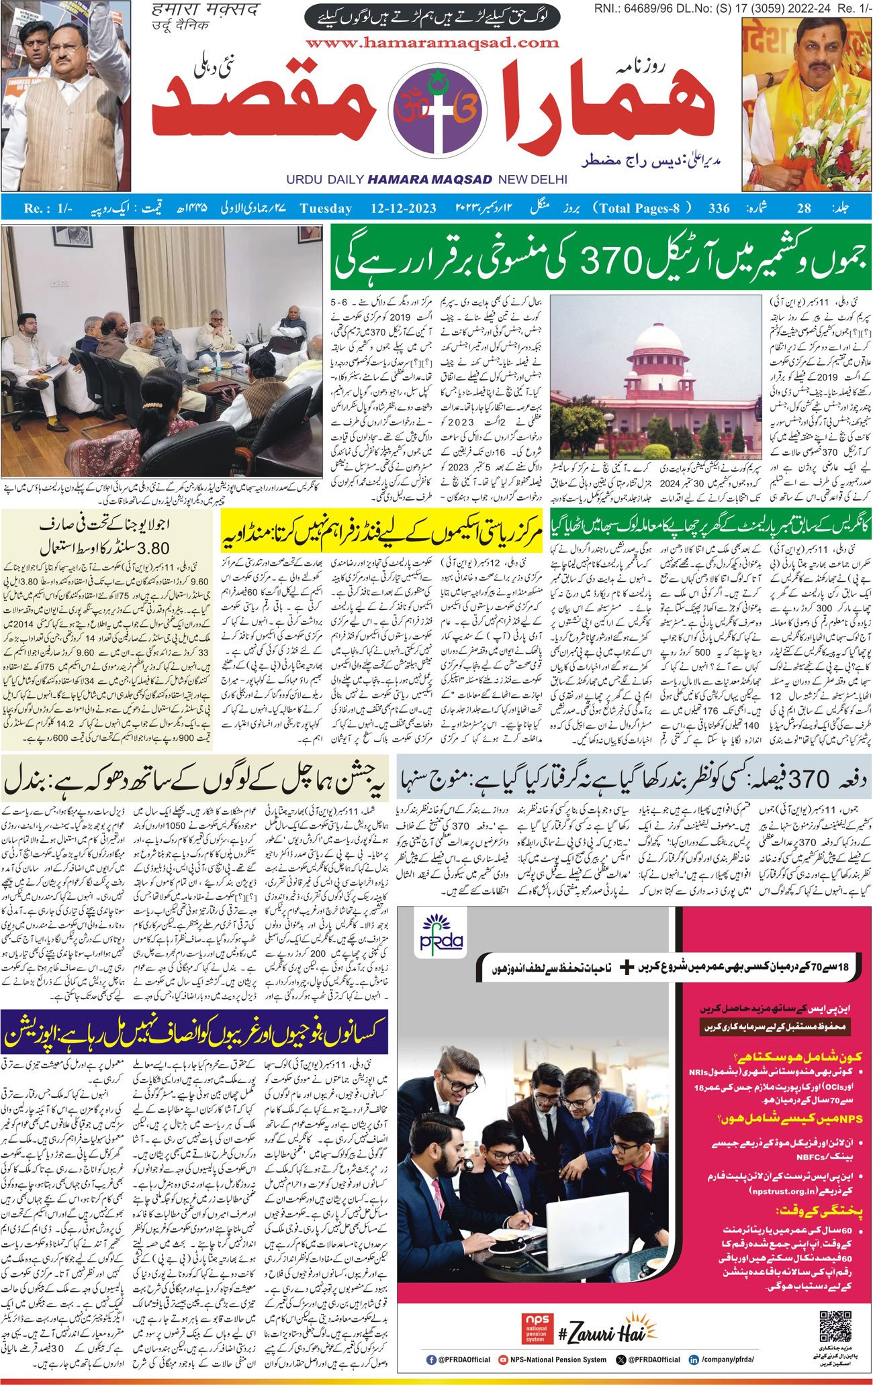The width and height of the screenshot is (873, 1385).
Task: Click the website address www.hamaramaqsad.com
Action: coord(432,43)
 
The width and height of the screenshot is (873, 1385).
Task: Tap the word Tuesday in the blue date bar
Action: coord(326,208)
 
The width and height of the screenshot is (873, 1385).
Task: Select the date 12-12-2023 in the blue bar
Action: coord(403,208)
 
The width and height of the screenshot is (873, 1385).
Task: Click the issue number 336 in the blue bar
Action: coord(719,208)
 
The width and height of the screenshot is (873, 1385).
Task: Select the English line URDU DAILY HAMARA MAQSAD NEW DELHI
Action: coord(426,180)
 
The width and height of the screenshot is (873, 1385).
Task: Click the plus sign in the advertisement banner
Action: coord(627,967)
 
